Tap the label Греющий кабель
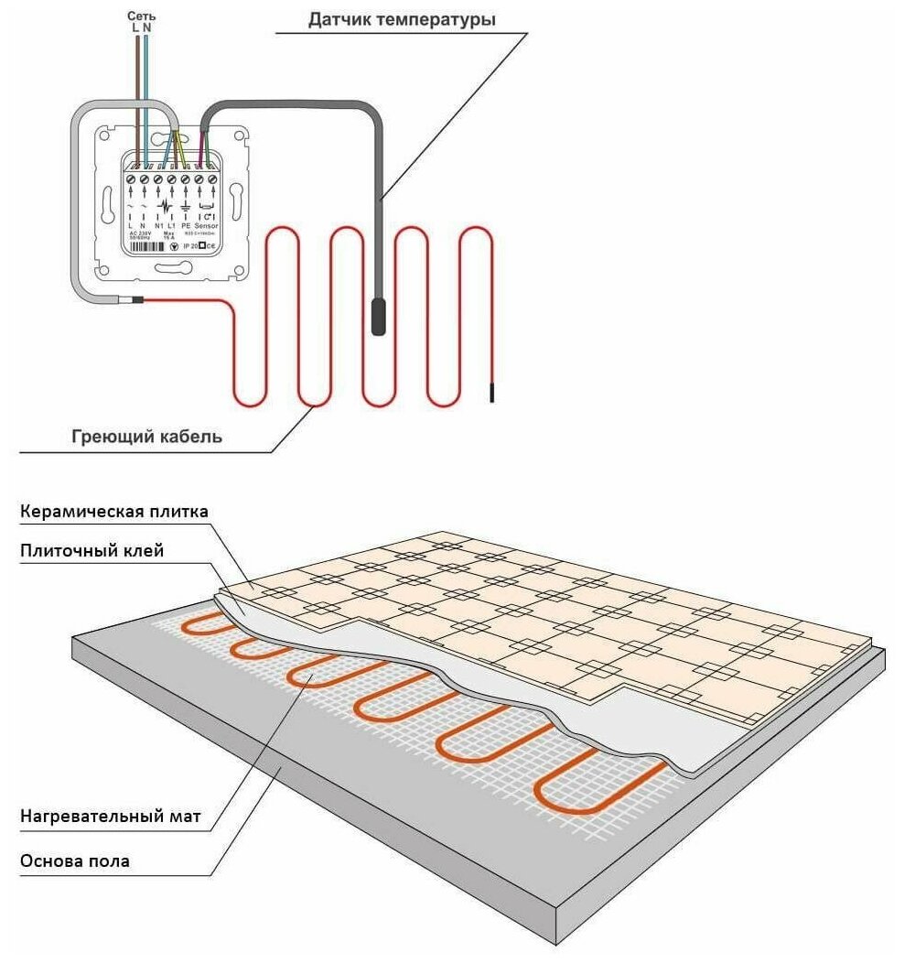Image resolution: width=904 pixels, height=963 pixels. [146, 437]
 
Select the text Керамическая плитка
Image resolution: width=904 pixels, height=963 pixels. [114, 511]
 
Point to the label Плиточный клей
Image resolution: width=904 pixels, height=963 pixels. [91, 550]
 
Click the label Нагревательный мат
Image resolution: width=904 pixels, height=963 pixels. [109, 815]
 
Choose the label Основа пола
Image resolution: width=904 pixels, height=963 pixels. [74, 860]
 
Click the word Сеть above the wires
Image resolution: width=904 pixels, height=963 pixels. [141, 16]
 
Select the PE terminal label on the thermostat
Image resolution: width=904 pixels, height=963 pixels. [186, 224]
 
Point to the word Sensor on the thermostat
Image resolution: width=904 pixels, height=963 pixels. [207, 224]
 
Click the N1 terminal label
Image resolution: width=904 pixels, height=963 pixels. [158, 224]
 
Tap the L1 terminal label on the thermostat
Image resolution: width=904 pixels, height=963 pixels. [171, 224]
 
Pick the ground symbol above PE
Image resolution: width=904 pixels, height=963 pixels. [186, 206]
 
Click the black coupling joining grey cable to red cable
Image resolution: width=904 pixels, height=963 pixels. [136, 299]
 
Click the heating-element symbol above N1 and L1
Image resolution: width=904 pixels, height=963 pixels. [165, 206]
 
